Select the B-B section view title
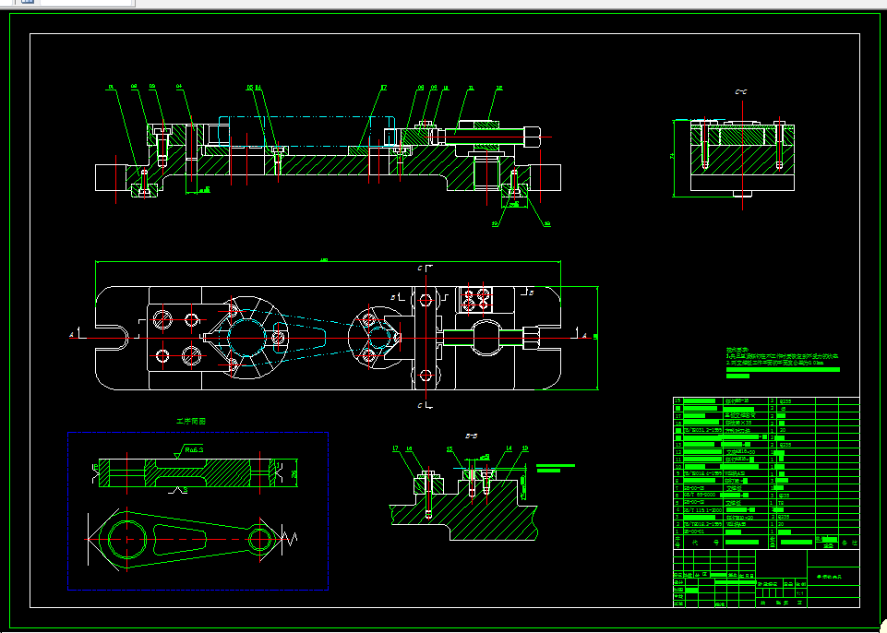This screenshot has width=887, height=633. pos(470,434)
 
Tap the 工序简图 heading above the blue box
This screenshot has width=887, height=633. pos(191,421)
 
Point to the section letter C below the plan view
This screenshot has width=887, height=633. pos(420,405)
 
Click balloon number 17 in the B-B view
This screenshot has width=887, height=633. pos(395,449)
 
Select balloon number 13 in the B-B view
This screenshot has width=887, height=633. pos(524,449)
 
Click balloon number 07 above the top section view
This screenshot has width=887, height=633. pos(384,89)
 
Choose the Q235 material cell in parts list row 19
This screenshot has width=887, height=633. pos(786,402)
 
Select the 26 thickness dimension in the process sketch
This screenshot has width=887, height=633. pos(295,474)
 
